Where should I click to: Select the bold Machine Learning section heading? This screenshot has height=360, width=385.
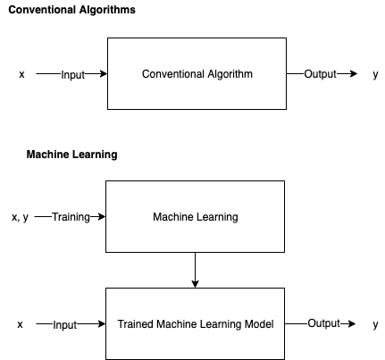[71, 155]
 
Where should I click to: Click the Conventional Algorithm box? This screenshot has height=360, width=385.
[197, 73]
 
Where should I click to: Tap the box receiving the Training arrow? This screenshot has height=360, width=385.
[195, 216]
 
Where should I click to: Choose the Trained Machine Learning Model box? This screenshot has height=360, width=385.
[195, 323]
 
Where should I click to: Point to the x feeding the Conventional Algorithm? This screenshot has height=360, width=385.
[21, 74]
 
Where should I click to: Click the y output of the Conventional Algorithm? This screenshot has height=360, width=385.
[375, 74]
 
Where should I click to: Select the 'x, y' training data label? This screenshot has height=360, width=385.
[21, 217]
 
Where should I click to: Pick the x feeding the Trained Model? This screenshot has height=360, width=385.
[20, 324]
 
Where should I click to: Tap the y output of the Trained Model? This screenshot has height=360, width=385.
[375, 324]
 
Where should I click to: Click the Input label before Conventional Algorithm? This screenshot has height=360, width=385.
[72, 74]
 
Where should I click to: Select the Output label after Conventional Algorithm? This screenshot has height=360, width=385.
[321, 73]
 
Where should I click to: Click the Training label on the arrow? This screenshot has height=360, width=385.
[71, 217]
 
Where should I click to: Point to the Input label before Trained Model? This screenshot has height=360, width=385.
[65, 324]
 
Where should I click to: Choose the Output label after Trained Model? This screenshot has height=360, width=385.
[324, 323]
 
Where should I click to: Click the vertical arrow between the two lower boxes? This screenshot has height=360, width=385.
[195, 270]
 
